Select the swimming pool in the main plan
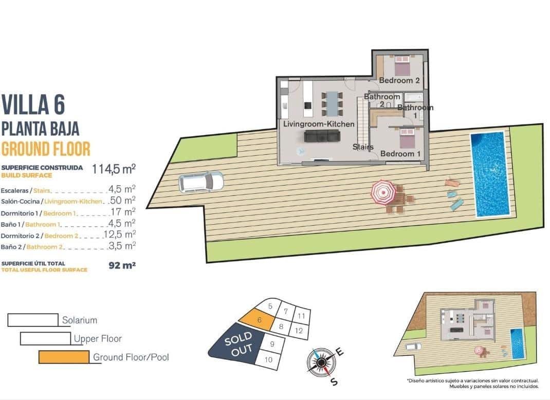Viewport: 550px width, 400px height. pyautogui.click(x=490, y=174)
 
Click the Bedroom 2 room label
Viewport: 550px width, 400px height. pyautogui.click(x=399, y=80)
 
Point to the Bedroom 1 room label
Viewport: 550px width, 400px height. pyautogui.click(x=400, y=154)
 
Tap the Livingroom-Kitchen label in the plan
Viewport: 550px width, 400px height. pyautogui.click(x=319, y=124)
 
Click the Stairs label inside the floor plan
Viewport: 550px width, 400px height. pyautogui.click(x=363, y=147)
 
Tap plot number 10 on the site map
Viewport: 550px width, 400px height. pyautogui.click(x=268, y=359)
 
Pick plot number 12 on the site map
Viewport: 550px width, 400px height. pyautogui.click(x=299, y=331)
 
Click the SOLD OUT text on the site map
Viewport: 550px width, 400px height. pyautogui.click(x=237, y=343)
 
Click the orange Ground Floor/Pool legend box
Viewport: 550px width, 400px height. pyautogui.click(x=63, y=357)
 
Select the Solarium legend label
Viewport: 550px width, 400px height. pyautogui.click(x=79, y=320)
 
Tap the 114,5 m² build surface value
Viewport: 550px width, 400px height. pyautogui.click(x=114, y=169)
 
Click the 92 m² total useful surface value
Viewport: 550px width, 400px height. pyautogui.click(x=122, y=266)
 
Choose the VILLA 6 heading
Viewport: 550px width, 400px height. pyautogui.click(x=34, y=104)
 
